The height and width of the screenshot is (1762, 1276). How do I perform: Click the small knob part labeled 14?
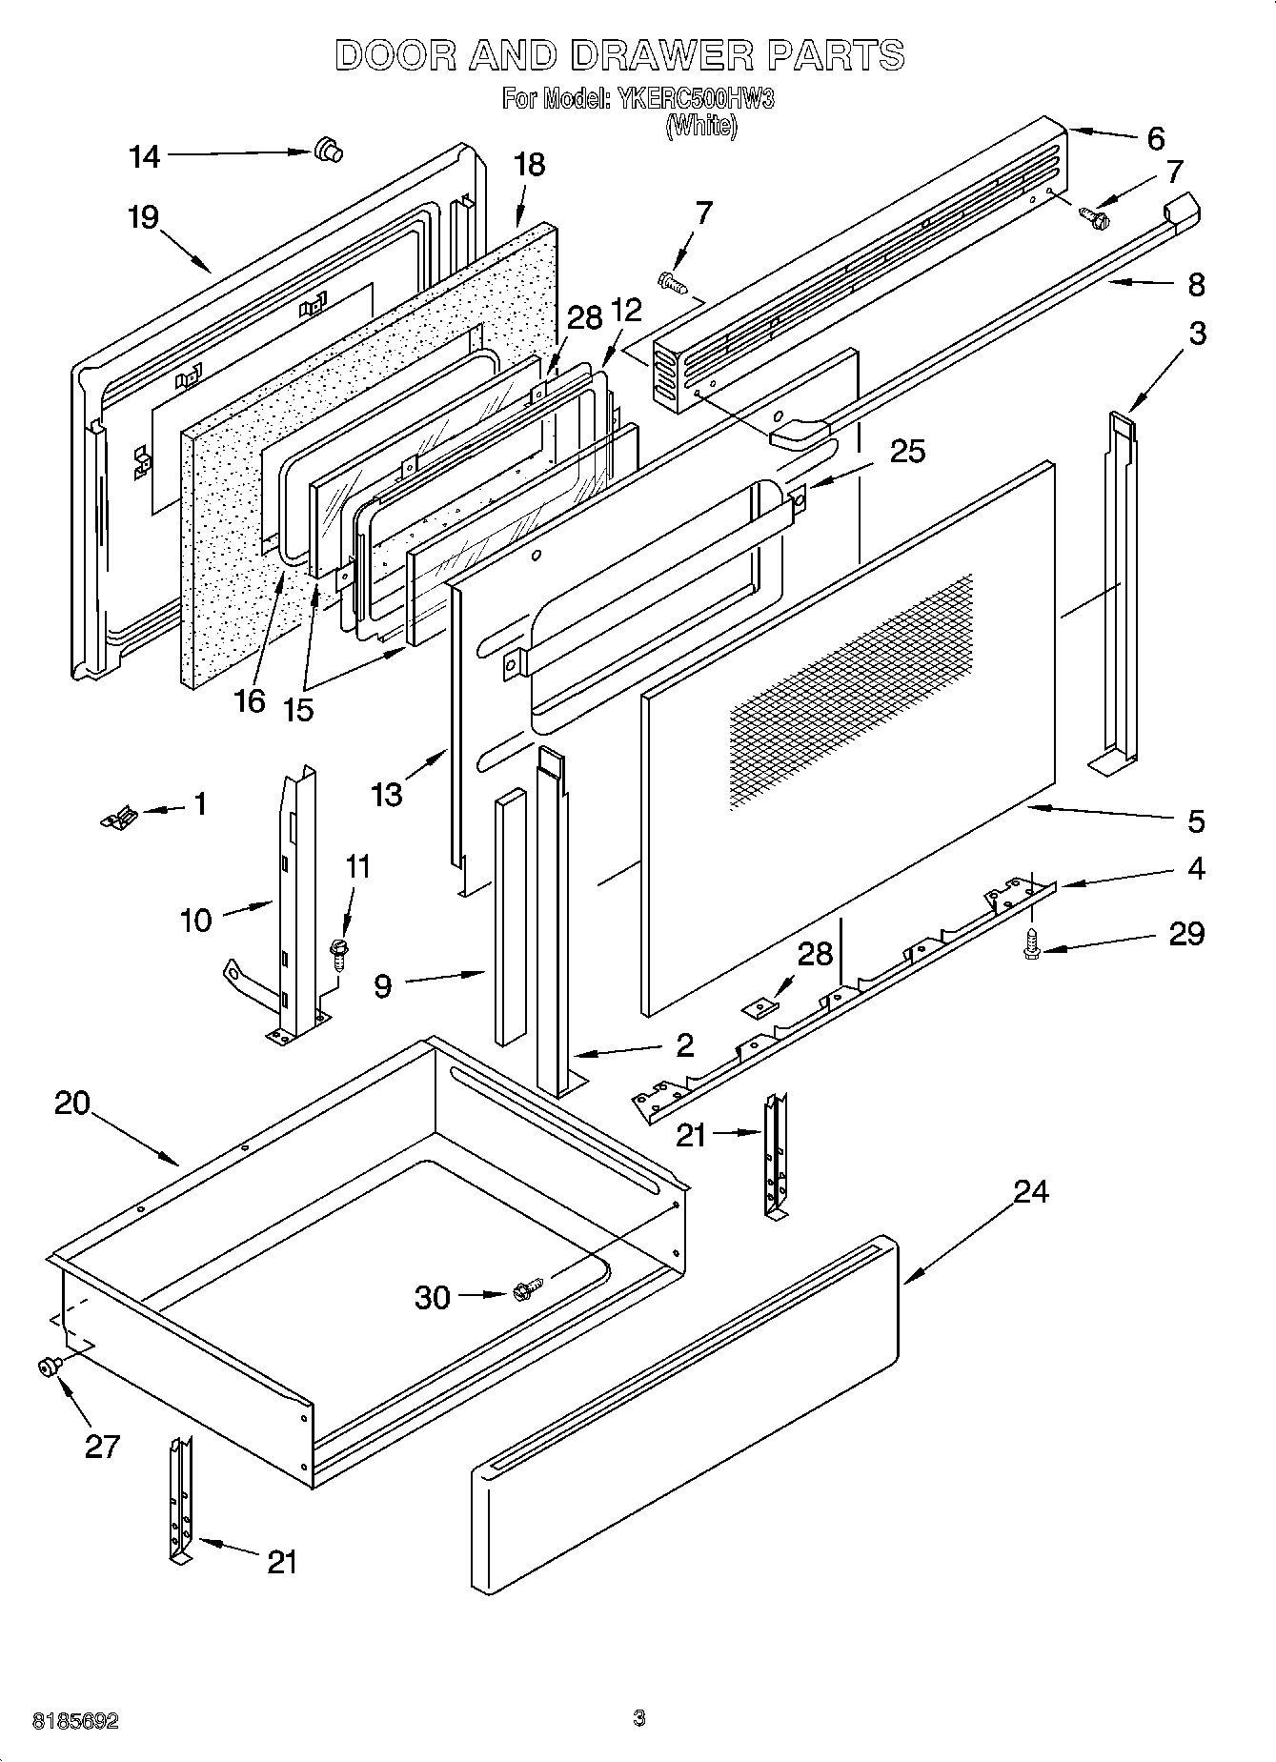coord(327,150)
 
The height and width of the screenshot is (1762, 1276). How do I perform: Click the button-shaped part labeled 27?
coord(46,1367)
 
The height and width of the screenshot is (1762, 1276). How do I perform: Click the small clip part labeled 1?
coord(119,816)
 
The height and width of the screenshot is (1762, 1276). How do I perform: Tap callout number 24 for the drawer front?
coord(1031,1191)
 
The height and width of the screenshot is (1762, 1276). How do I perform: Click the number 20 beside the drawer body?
coord(72,1103)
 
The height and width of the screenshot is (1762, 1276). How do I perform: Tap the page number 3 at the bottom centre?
coord(639,1718)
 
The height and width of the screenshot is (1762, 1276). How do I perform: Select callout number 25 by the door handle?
coord(906,451)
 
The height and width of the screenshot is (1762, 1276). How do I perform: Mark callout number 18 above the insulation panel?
coord(529,164)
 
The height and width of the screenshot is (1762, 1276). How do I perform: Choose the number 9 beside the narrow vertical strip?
coord(382,985)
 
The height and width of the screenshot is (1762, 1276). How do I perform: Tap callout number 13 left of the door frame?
coord(387,793)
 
